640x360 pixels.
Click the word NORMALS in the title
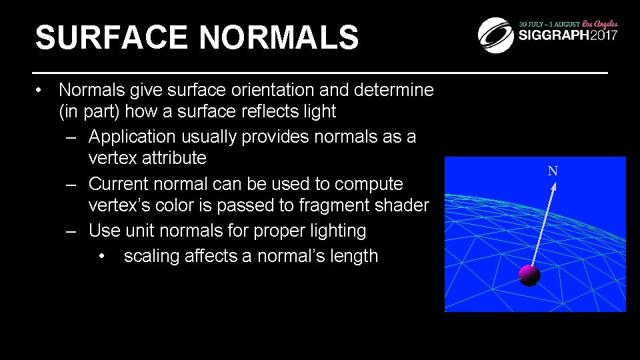pyautogui.click(x=279, y=38)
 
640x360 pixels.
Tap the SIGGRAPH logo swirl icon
pyautogui.click(x=496, y=35)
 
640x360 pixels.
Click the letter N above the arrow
pyautogui.click(x=553, y=171)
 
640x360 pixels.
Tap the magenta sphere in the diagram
pyautogui.click(x=529, y=274)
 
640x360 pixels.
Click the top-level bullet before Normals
pyautogui.click(x=41, y=89)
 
